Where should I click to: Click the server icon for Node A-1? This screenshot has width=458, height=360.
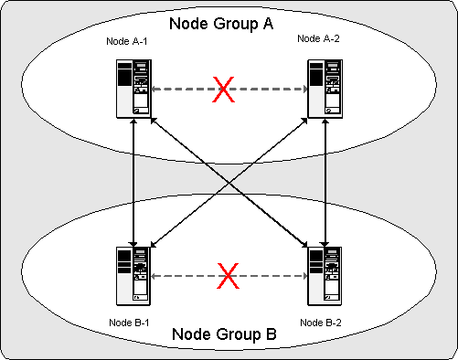pos(134,89)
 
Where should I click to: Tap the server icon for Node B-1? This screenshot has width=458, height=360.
pos(134,275)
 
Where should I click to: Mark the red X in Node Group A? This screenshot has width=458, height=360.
pos(223,90)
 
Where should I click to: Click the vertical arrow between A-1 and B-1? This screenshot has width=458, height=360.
pos(134,183)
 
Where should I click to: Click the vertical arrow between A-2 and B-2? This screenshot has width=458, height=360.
pos(326,183)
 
